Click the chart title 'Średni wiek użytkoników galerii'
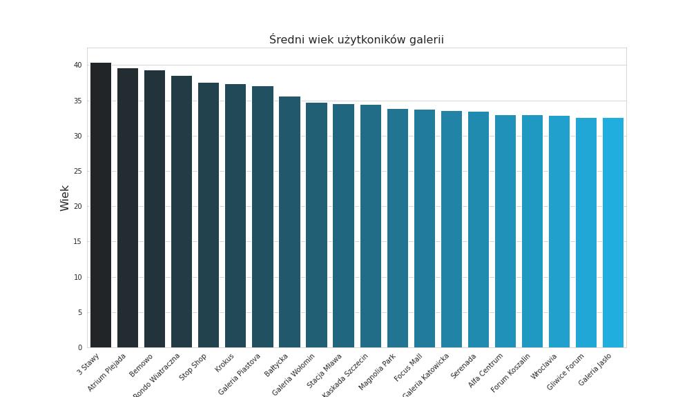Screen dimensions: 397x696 [x=356, y=40]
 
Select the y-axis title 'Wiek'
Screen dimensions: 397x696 [x=65, y=198]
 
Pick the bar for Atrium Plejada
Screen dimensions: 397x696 [x=128, y=208]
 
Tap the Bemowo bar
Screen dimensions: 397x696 [x=155, y=209]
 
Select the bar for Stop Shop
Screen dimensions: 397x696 [x=209, y=215]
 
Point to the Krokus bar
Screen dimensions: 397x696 [x=235, y=216]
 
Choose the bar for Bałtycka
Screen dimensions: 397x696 [x=289, y=222]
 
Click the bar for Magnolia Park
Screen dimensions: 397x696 [x=398, y=228]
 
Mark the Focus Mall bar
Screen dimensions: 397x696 [x=425, y=229]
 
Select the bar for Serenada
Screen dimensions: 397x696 [x=478, y=230]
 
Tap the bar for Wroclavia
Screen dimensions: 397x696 [x=559, y=232]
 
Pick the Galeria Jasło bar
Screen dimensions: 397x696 [x=613, y=233]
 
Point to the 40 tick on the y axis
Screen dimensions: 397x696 [x=78, y=65]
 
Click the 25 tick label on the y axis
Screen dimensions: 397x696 [x=78, y=172]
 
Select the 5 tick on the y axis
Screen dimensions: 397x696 [x=80, y=313]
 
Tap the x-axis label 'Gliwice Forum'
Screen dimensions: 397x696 [x=566, y=371]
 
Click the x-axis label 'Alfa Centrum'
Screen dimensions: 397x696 [x=487, y=371]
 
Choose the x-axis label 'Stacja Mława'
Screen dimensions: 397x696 [x=325, y=371]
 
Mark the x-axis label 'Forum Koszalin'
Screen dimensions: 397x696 [x=512, y=373]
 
